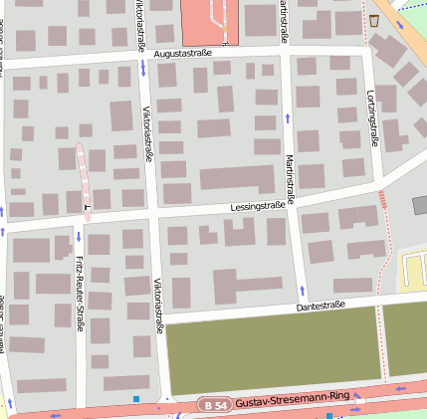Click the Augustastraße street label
click(x=183, y=53)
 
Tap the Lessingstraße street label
click(x=257, y=206)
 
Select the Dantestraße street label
click(x=320, y=306)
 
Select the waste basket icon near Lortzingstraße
click(x=374, y=20)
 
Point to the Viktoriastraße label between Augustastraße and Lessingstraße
click(x=148, y=133)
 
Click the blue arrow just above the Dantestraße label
click(x=303, y=291)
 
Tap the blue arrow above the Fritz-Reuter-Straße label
click(x=79, y=237)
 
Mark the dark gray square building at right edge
click(x=419, y=205)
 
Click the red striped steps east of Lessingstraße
click(x=382, y=199)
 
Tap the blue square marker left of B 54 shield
click(x=136, y=399)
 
